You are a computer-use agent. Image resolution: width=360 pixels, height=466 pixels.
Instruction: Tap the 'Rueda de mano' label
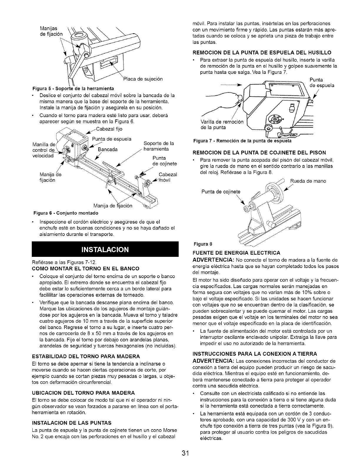tap(308, 181)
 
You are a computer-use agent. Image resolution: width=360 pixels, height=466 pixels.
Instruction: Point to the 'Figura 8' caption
tap(202, 244)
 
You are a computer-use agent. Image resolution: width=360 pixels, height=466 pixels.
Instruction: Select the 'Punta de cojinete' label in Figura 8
tap(221, 192)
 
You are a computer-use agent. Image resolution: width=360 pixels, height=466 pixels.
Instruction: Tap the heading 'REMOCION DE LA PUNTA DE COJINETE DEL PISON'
tap(255, 152)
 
